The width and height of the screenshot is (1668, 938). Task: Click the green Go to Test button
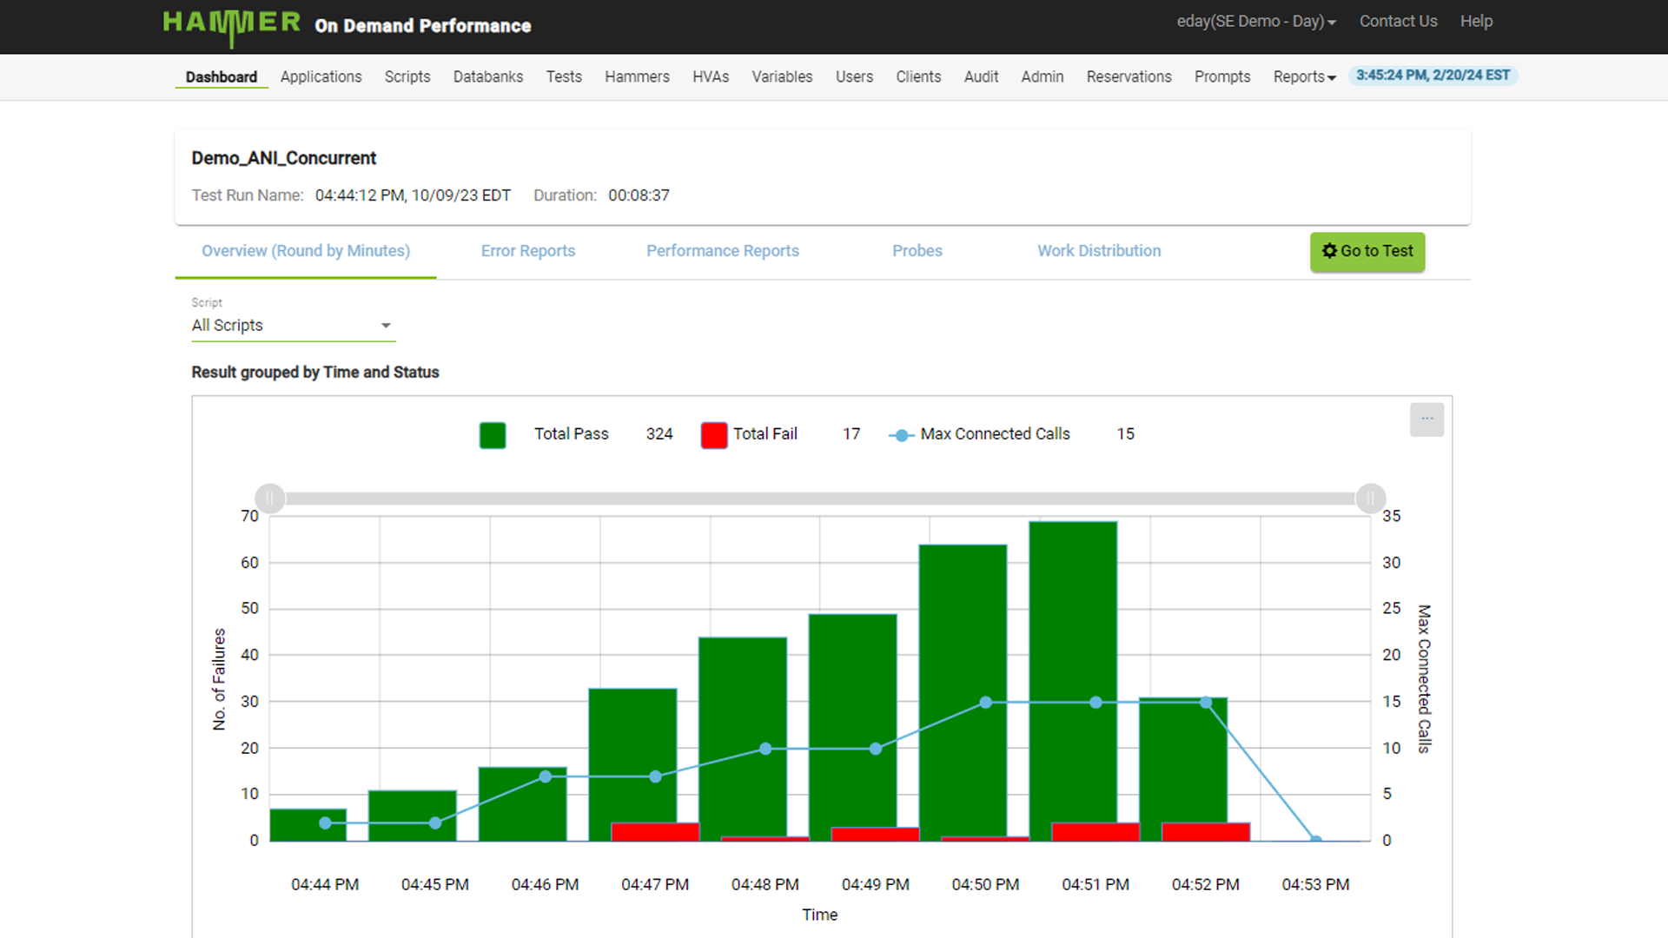1367,251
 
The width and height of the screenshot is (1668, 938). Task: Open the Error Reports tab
527,251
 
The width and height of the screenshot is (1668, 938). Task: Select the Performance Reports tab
722,251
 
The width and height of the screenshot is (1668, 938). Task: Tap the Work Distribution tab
1098,251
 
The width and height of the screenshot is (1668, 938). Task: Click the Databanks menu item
487,76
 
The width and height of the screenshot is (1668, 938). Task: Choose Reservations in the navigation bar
1128,76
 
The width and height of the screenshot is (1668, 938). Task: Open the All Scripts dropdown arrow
386,326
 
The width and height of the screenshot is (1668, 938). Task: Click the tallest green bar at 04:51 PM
1072,669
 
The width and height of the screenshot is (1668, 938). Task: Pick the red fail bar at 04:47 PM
654,831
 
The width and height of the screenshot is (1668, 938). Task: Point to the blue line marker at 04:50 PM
985,703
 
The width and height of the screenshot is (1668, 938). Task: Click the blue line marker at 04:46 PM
545,776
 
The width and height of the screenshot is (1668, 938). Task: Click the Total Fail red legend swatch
713,434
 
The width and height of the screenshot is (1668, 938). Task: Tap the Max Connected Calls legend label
994,433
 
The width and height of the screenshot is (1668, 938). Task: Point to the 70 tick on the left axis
249,516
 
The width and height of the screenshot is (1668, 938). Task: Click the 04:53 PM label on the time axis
1314,884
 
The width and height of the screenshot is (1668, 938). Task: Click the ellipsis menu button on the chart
1426,419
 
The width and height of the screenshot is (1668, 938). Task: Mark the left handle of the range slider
270,499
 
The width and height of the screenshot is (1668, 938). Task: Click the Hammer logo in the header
231,24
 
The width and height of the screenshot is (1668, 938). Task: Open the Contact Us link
1397,21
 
